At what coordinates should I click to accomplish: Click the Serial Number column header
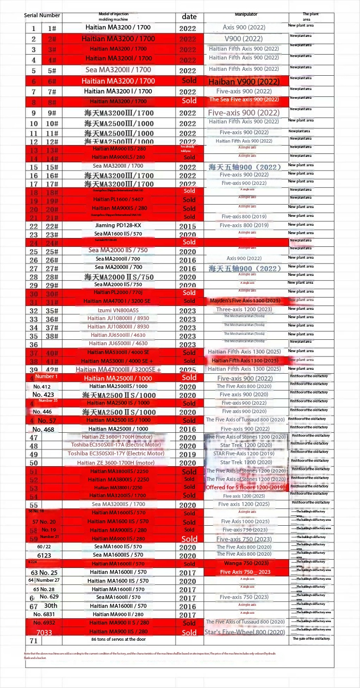point(42,16)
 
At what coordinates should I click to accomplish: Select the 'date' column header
point(189,17)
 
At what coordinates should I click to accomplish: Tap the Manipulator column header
point(246,15)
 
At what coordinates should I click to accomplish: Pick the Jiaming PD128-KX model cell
point(119,226)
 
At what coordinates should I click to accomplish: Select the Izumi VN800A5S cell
point(119,311)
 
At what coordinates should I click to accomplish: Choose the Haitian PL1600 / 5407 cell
point(119,200)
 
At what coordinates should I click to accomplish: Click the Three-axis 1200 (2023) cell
point(244,310)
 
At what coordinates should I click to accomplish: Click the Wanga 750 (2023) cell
point(246,563)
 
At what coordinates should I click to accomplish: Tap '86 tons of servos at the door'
point(119,639)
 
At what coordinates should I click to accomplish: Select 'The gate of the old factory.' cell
point(311,639)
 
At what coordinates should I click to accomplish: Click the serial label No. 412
point(42,387)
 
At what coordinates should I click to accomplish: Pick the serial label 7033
point(44,632)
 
